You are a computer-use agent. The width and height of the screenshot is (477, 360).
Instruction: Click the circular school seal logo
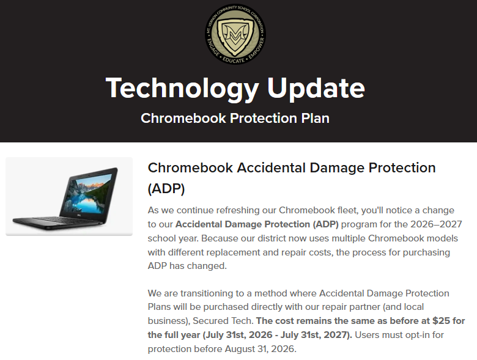tap(235, 34)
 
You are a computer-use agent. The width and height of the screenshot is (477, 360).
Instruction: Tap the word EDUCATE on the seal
tap(234, 60)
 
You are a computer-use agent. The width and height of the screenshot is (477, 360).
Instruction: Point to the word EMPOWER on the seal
tap(256, 48)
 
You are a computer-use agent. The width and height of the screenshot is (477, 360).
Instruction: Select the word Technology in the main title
tap(182, 88)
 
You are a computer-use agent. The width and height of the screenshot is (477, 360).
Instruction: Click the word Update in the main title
tap(316, 88)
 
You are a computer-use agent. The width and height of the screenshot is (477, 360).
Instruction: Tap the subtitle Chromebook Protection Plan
tap(235, 118)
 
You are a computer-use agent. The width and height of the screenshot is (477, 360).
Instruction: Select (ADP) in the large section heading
tap(166, 188)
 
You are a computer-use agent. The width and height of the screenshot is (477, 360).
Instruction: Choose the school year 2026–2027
tap(436, 224)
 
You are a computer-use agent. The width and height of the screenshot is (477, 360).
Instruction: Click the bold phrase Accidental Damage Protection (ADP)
tap(257, 224)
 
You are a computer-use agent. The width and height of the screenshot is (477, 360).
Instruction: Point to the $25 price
tap(441, 321)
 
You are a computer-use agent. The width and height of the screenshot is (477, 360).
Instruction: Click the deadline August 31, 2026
tap(261, 349)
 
